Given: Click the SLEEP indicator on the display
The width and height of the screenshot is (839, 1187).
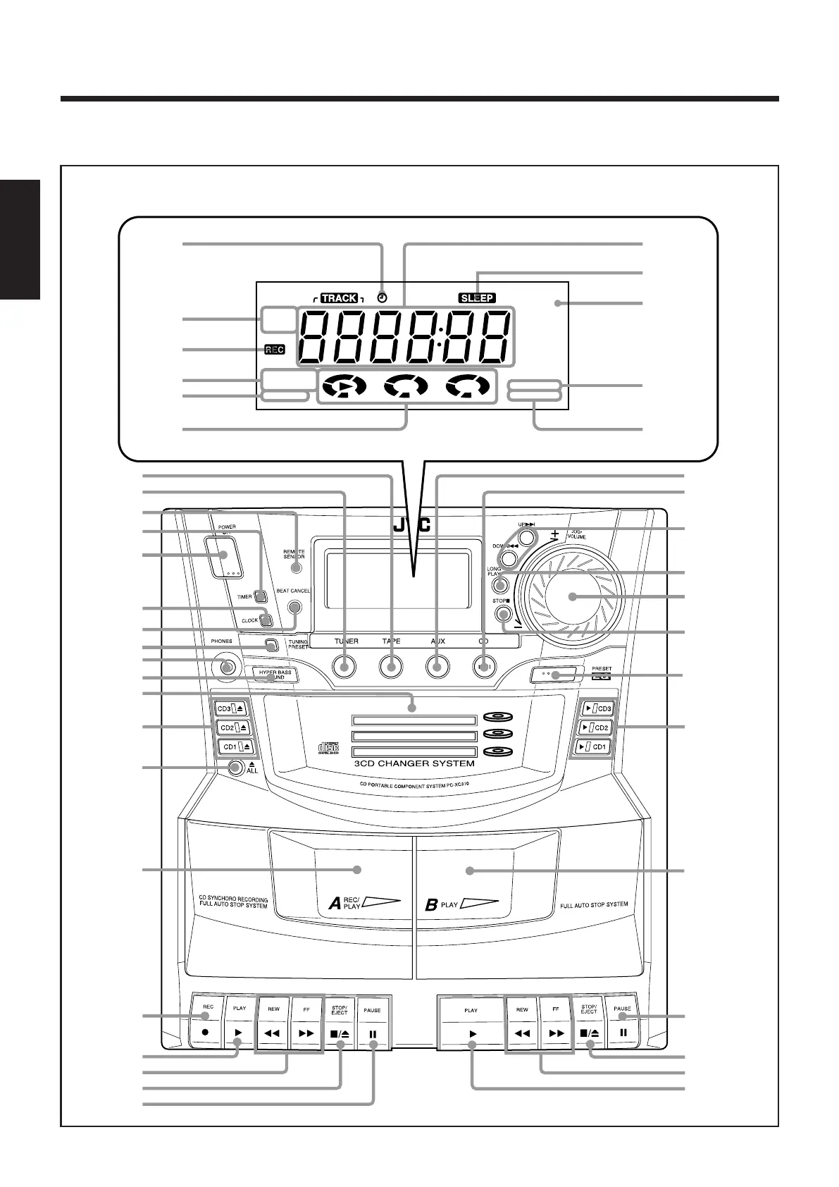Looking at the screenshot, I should tap(477, 298).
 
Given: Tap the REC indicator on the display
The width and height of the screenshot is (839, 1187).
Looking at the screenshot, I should tap(274, 350).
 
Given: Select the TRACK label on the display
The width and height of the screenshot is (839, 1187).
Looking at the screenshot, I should tap(339, 298).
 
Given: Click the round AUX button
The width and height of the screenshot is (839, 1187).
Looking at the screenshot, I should tap(437, 666).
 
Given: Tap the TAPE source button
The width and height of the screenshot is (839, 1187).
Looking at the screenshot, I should tap(391, 666).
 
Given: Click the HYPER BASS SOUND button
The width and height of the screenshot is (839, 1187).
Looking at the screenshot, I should tap(275, 675).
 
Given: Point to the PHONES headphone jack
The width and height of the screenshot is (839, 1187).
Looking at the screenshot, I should tap(225, 665).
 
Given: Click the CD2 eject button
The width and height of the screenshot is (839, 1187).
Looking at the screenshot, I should tap(232, 727).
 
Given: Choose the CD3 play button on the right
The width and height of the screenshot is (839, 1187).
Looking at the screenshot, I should tap(595, 708).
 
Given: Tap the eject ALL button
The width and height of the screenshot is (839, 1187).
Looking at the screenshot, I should tap(235, 768).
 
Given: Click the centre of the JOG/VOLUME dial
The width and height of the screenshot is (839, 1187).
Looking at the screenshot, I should tap(572, 596).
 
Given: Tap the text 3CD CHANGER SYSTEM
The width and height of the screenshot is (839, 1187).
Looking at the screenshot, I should tap(414, 763).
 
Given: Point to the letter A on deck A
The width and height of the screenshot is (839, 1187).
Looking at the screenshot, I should tap(335, 904).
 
